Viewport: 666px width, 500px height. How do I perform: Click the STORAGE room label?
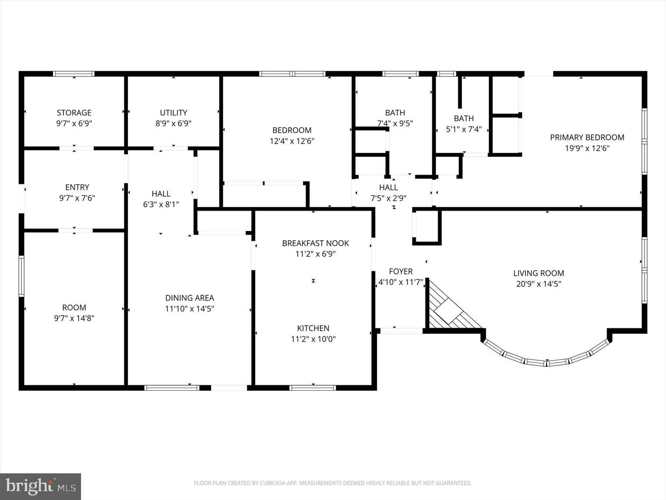[x=74, y=113]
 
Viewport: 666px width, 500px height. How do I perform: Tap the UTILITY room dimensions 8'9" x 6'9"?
[x=173, y=123]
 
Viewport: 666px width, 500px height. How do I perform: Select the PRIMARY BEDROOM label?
[x=587, y=137]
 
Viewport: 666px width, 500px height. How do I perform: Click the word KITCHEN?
[x=313, y=328]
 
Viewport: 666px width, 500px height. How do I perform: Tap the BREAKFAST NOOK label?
[x=315, y=243]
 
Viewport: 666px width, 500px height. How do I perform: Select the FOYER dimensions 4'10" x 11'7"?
[x=401, y=282]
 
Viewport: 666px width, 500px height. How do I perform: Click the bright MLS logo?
[x=40, y=486]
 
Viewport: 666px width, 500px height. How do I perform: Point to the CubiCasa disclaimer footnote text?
[x=333, y=483]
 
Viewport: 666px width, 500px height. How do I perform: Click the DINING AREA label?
[x=189, y=298]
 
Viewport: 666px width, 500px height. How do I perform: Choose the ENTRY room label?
[x=77, y=187]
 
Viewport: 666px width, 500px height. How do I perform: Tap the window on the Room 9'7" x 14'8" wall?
[x=21, y=276]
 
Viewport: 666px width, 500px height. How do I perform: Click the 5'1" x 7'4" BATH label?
[x=464, y=119]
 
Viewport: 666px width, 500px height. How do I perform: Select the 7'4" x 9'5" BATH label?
[x=395, y=113]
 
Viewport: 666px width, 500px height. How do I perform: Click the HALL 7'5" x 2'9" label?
[x=388, y=187]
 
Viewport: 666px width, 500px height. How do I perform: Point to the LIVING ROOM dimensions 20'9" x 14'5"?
[x=538, y=284]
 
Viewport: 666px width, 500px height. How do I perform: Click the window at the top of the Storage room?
[x=74, y=74]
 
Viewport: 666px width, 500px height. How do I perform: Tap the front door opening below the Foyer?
[x=401, y=331]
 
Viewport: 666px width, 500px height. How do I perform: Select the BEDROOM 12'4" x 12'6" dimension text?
[x=292, y=141]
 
